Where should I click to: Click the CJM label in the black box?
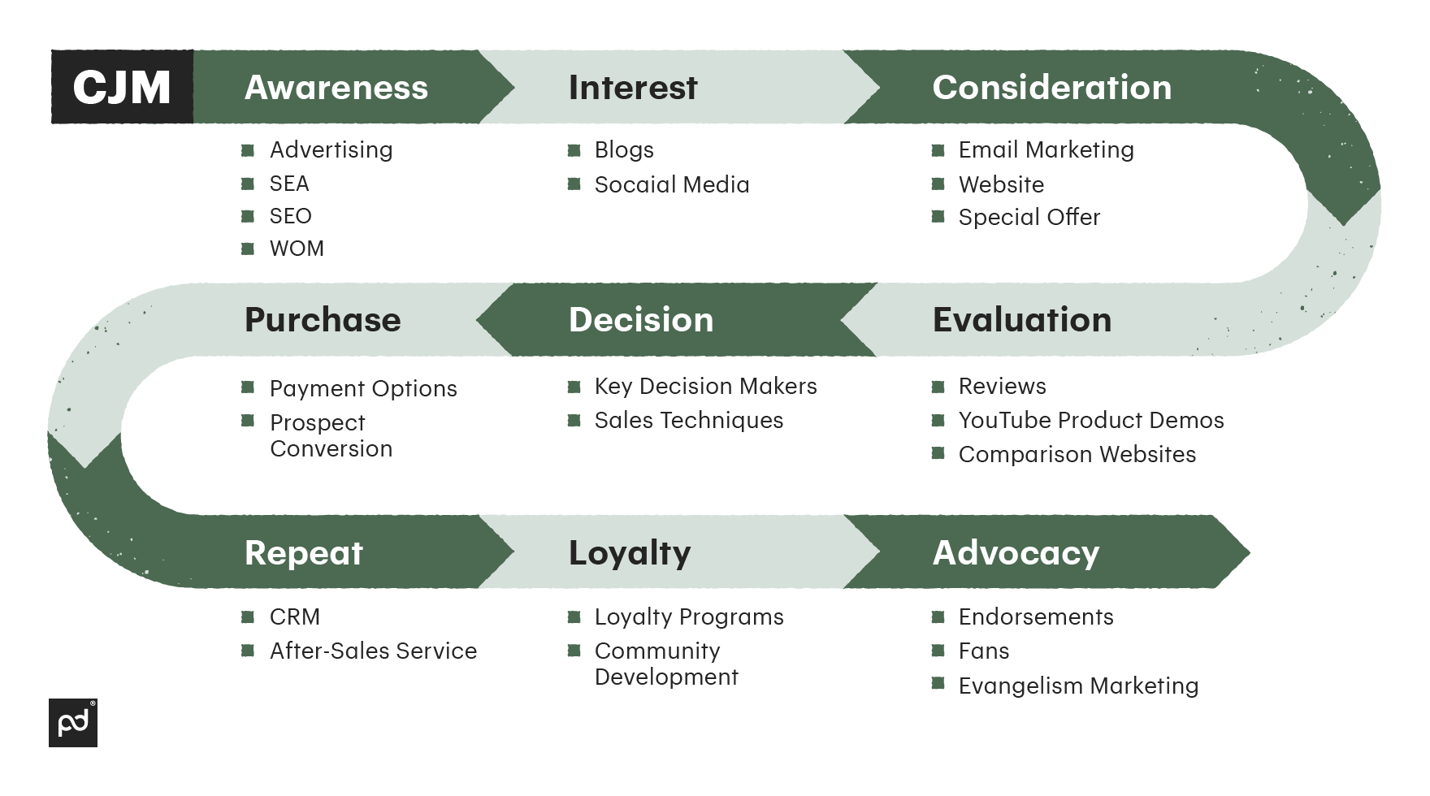point(122,88)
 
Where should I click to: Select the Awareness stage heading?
point(336,88)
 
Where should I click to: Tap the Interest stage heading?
point(633,88)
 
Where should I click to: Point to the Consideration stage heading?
point(1052,88)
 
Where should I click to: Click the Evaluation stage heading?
point(1022,320)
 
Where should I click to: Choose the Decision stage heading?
point(641,320)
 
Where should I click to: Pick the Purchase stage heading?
point(323,320)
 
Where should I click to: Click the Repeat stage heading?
point(304,553)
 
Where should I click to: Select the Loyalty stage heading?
point(630,553)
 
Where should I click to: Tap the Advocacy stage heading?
point(1016,553)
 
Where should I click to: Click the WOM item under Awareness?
point(297,249)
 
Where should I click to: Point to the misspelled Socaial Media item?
point(672,185)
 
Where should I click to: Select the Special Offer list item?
point(1029,218)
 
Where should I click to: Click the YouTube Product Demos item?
point(1091,421)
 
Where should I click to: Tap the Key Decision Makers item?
point(706,387)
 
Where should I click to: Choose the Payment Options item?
point(363,389)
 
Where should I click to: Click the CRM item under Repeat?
point(295,617)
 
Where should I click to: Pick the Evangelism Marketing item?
point(1078,686)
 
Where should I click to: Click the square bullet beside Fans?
point(938,650)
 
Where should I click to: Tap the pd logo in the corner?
point(73,723)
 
